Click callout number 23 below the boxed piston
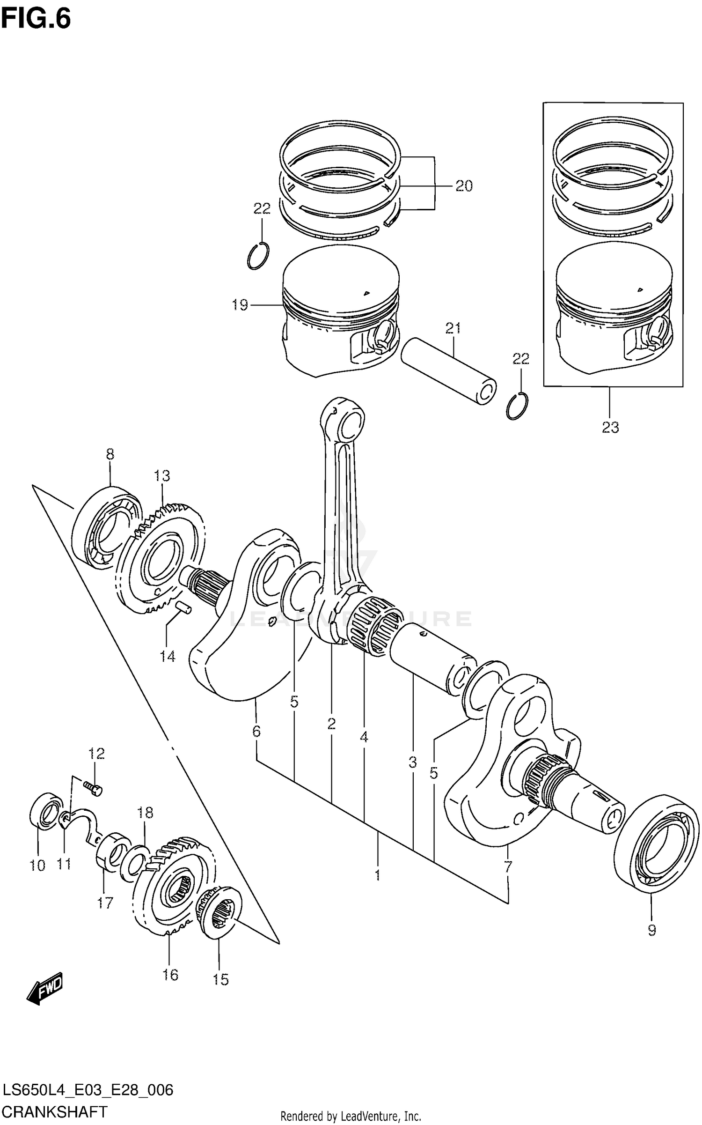(x=610, y=427)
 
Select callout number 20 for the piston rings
(x=464, y=186)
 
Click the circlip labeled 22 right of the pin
(x=517, y=406)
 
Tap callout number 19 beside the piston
(x=240, y=305)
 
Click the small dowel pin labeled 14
(x=183, y=607)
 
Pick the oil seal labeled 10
(x=45, y=811)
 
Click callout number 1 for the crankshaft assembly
(x=377, y=875)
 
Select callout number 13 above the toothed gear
(x=162, y=476)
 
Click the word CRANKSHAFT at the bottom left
(x=55, y=1111)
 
